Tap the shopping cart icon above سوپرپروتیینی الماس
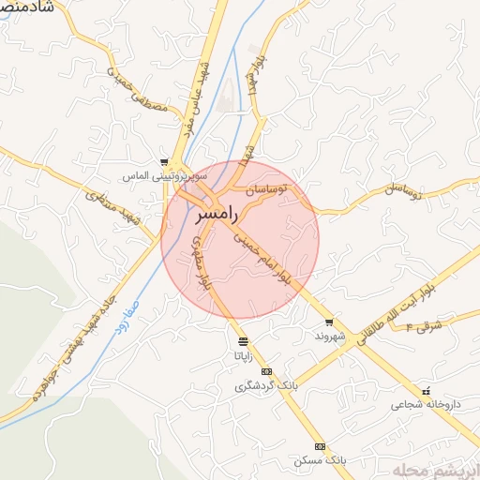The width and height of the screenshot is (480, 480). tap(164, 162)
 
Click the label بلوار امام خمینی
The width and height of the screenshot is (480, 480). tap(270, 259)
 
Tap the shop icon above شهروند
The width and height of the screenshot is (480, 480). tap(328, 322)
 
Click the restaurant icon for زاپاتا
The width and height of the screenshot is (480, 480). tap(244, 341)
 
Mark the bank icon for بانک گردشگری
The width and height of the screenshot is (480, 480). tap(267, 372)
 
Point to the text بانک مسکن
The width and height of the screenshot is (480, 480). tap(319, 461)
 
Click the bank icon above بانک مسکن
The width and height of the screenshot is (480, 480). tap(320, 446)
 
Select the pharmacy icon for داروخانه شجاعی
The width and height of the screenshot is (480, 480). tap(426, 391)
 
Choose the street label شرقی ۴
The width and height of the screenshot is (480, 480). tap(424, 325)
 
